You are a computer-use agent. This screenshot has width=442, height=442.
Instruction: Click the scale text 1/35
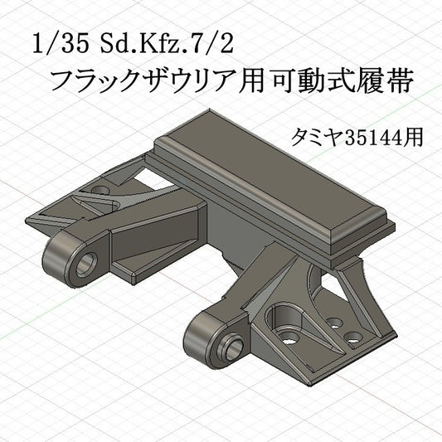tap(55, 44)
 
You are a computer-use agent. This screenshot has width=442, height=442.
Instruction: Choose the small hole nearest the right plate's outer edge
tap(353, 337)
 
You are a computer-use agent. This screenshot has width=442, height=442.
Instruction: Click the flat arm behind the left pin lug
tap(145, 236)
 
